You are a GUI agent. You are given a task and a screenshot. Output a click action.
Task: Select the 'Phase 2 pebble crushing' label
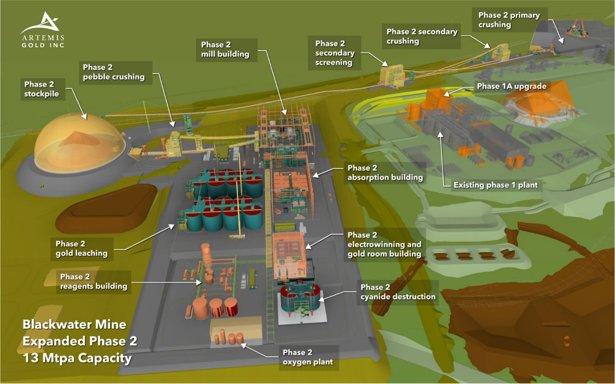(114, 72)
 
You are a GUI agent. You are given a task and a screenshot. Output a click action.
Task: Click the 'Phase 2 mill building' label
(225, 49)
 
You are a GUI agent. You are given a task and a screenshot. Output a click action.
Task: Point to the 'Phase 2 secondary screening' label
(335, 53)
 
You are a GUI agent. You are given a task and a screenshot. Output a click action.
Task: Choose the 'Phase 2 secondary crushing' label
(421, 36)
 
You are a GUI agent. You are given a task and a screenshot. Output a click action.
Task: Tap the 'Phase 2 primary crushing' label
(509, 20)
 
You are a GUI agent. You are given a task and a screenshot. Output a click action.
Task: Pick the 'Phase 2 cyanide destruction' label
(397, 292)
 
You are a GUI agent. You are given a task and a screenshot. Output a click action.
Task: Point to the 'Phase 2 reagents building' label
(94, 282)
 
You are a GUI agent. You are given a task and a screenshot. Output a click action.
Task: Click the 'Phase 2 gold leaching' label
(81, 248)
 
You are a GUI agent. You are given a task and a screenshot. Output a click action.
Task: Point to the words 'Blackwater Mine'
(74, 325)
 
